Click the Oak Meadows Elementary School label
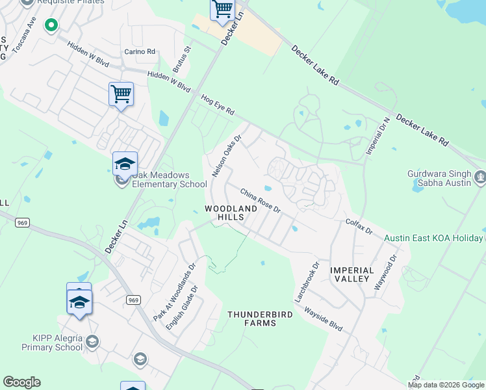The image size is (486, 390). coord(169,179)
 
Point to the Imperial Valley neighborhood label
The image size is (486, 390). coord(352,274)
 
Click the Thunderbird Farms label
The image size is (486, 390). coord(260,318)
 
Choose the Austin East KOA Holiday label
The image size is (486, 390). coord(434,238)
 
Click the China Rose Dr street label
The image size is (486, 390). coord(260,201)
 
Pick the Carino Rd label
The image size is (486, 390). coord(140,51)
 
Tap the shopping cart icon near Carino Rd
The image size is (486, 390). coord(121,94)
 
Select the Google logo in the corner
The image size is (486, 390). coord(21,382)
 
